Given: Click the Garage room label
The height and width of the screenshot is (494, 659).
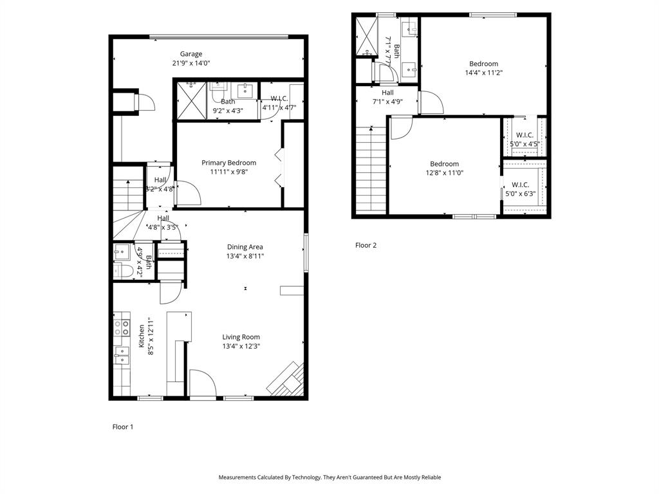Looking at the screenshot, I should tap(191, 54).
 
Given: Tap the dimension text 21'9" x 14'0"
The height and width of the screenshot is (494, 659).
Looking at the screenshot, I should tap(191, 63).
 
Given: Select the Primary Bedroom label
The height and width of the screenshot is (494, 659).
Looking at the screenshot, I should tap(228, 163).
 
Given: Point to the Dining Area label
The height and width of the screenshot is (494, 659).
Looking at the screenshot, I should tap(245, 247).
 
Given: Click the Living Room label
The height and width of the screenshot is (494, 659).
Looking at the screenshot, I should tap(241, 337).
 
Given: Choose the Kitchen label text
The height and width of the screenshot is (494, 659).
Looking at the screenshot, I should tap(142, 336).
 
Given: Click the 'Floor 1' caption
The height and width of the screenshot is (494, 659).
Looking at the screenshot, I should tap(123, 426).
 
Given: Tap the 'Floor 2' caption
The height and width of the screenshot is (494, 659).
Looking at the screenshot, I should tap(366, 245).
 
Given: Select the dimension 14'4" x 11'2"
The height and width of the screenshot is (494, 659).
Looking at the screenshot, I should tap(483, 73).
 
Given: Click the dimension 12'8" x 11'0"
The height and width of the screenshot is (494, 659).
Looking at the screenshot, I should tap(445, 173).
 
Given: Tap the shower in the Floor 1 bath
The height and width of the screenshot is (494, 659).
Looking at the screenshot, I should tap(191, 100).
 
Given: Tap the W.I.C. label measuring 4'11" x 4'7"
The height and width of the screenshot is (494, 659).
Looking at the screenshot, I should tap(279, 98).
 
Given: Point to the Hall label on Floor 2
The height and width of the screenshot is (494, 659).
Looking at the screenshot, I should tap(387, 93).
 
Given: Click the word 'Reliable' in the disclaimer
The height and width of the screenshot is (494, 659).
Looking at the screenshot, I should tap(430, 477).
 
